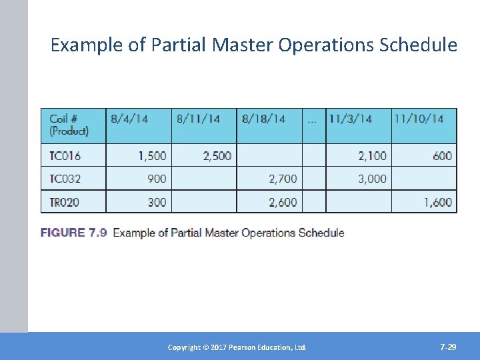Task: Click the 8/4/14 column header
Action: point(129,119)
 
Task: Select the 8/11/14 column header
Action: point(198,119)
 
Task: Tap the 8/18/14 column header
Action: point(263,119)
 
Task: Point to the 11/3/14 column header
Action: point(350,119)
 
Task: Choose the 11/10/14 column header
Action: point(419,119)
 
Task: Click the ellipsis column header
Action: point(312,120)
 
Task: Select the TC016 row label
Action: point(65,156)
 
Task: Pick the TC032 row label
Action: point(65,179)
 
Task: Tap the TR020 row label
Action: point(65,202)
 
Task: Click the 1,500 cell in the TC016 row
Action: point(152,156)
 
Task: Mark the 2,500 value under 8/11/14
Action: point(217,156)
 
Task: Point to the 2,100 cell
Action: point(372,156)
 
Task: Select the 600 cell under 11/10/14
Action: point(442,156)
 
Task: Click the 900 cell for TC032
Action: point(157,179)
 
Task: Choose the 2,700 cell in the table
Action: point(283,179)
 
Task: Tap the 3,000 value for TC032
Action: point(372,179)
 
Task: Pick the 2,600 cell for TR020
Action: point(283,202)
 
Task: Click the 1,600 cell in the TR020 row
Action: point(437,202)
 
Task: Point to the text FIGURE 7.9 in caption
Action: point(74,233)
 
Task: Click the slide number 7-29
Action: point(448,347)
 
